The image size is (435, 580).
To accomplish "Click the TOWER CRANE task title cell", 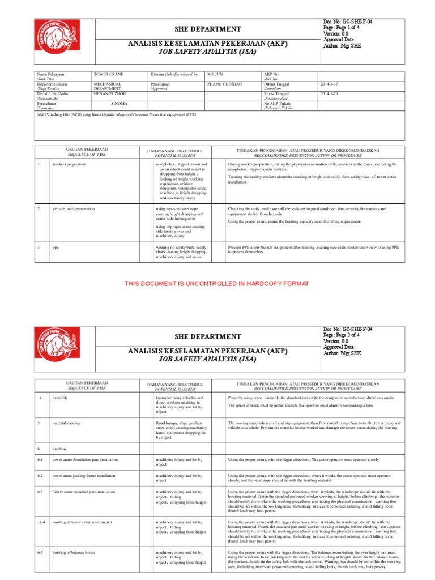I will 109,74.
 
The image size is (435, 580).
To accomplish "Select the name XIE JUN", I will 215,74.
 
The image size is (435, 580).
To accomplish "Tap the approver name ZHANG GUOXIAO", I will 225,84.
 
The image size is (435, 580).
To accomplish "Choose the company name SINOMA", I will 119,104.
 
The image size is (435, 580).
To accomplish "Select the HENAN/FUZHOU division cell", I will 110,93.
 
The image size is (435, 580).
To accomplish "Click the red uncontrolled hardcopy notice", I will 217,283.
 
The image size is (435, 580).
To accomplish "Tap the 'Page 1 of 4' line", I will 347,27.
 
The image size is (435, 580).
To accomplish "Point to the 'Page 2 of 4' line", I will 347,335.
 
